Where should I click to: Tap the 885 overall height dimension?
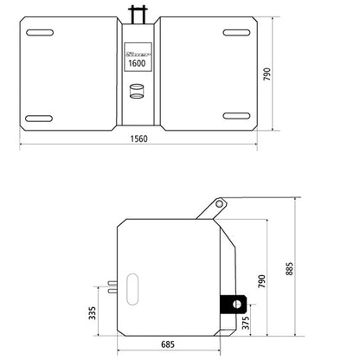pyautogui.click(x=298, y=267)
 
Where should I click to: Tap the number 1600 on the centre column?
pyautogui.click(x=136, y=62)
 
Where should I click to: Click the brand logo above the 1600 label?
pyautogui.click(x=136, y=52)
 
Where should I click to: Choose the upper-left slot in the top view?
pyautogui.click(x=41, y=34)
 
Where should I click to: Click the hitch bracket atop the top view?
pyautogui.click(x=137, y=14)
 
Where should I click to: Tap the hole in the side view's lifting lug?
pyautogui.click(x=221, y=203)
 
